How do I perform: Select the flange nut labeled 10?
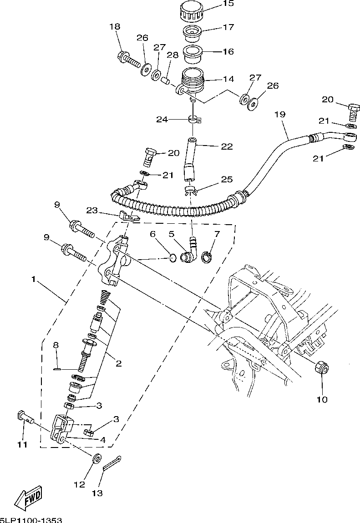[322, 368]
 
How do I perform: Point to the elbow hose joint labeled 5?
[190, 252]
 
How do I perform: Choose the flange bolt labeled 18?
[129, 59]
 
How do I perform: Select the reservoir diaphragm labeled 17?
[192, 33]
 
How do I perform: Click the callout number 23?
[92, 211]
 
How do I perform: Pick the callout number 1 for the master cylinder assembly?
[33, 280]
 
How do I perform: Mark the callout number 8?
[56, 345]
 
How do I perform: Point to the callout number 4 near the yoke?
[103, 440]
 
